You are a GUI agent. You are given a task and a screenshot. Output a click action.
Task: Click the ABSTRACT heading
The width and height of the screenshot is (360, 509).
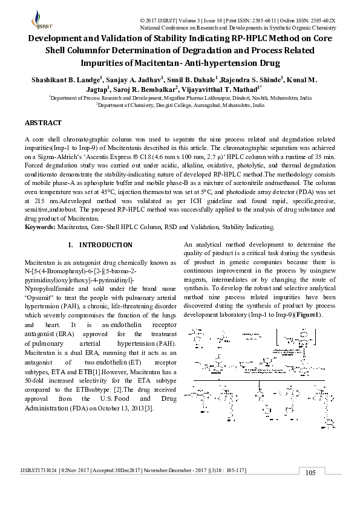pos(43,123)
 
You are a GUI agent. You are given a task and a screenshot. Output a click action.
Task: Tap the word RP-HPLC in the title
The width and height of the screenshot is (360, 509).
pos(257,38)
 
